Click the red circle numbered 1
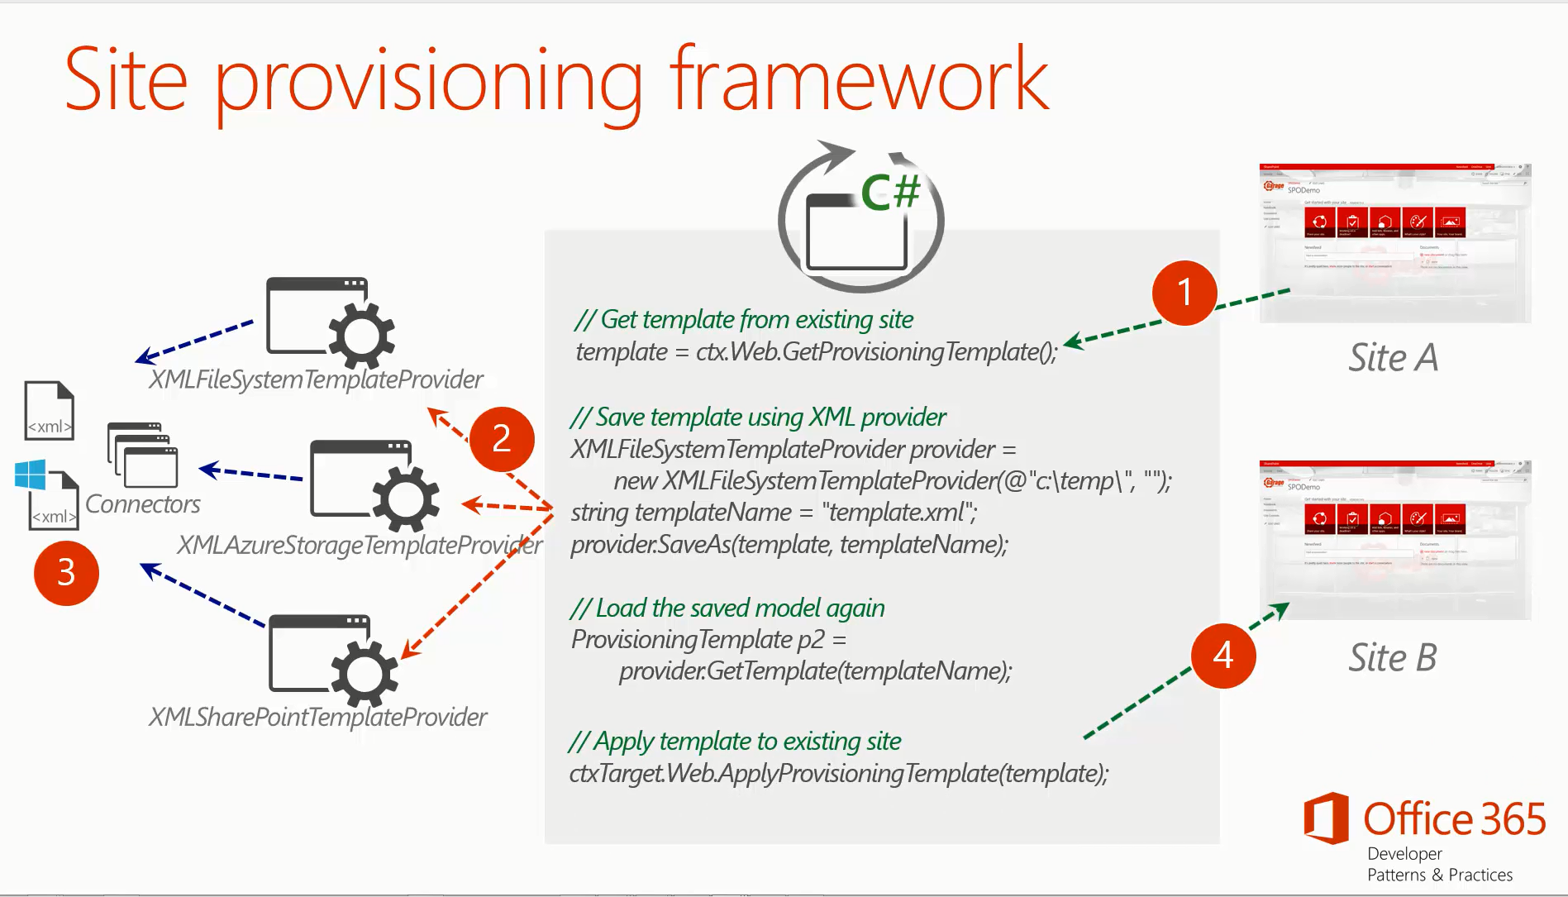coord(1184,293)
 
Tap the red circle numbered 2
coord(502,438)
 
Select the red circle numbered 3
coord(66,573)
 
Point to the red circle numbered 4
coord(1223,656)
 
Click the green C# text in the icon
coord(890,192)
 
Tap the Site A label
coord(1393,358)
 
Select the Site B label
coord(1393,658)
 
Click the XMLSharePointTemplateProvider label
coord(317,717)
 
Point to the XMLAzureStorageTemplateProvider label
coord(360,545)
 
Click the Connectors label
coord(143,504)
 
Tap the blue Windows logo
coord(31,475)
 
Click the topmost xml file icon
coord(50,410)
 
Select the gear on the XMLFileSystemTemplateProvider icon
coord(361,336)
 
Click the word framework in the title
coord(859,80)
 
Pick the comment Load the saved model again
coord(727,608)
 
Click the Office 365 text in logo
coord(1454,819)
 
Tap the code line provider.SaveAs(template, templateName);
coord(789,545)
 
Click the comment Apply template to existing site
coord(735,742)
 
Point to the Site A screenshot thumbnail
coord(1394,243)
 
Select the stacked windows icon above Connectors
coord(142,455)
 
